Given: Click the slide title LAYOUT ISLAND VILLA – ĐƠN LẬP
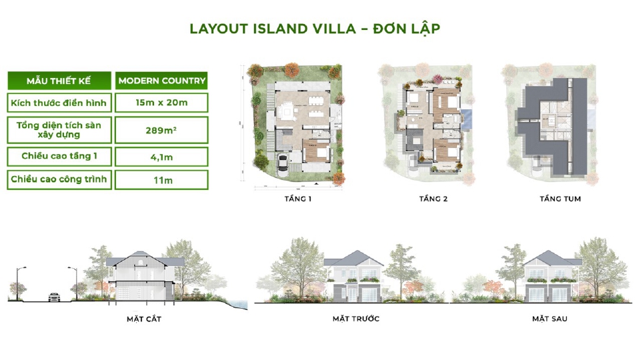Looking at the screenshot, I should coord(315,29).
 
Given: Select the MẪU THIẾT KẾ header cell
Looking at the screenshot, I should coord(59,81).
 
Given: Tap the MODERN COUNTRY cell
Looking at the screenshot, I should coord(161,81).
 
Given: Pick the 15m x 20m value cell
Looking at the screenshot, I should coord(161,103).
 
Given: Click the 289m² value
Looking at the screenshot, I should coord(161,130).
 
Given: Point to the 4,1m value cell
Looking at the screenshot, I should coord(161,157).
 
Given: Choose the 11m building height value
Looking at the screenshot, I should coord(161,180).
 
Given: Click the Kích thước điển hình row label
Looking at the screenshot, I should coord(59,103).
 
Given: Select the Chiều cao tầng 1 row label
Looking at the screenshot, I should coord(59,157).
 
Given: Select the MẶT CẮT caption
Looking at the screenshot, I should coord(144,319).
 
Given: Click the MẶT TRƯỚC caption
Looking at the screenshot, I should coord(356,319).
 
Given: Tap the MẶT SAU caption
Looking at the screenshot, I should coord(549,319).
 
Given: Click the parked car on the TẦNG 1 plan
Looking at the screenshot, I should coord(283,162).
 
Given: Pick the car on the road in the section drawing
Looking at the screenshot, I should coord(53,297).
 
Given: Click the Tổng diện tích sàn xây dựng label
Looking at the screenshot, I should coord(59,129).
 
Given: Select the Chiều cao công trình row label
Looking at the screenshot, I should coord(59,180).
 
